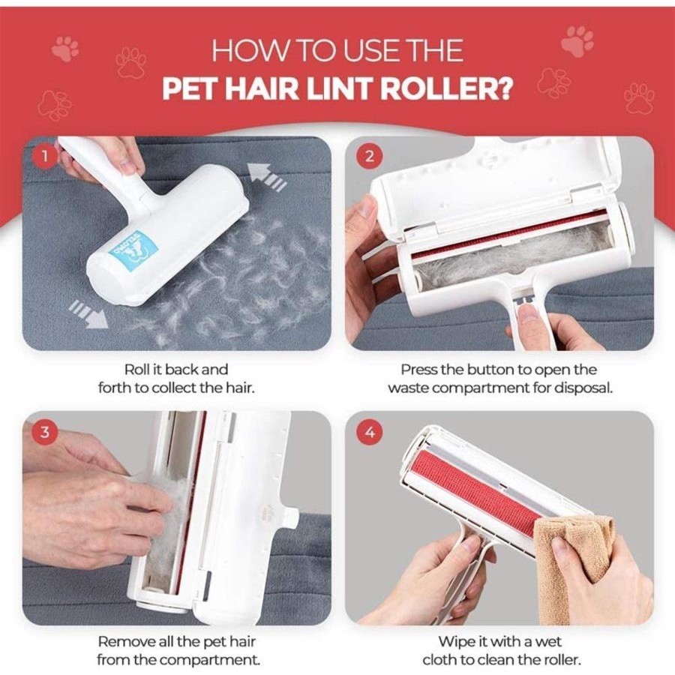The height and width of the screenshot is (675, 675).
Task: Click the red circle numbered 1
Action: coord(49,157)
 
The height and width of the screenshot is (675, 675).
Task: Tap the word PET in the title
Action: coord(189,88)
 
